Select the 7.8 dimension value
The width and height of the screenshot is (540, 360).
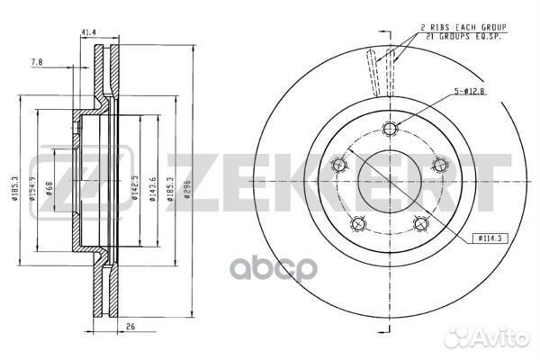35,62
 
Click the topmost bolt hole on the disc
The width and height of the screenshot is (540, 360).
389,127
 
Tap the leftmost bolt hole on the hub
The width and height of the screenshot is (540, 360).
339,164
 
